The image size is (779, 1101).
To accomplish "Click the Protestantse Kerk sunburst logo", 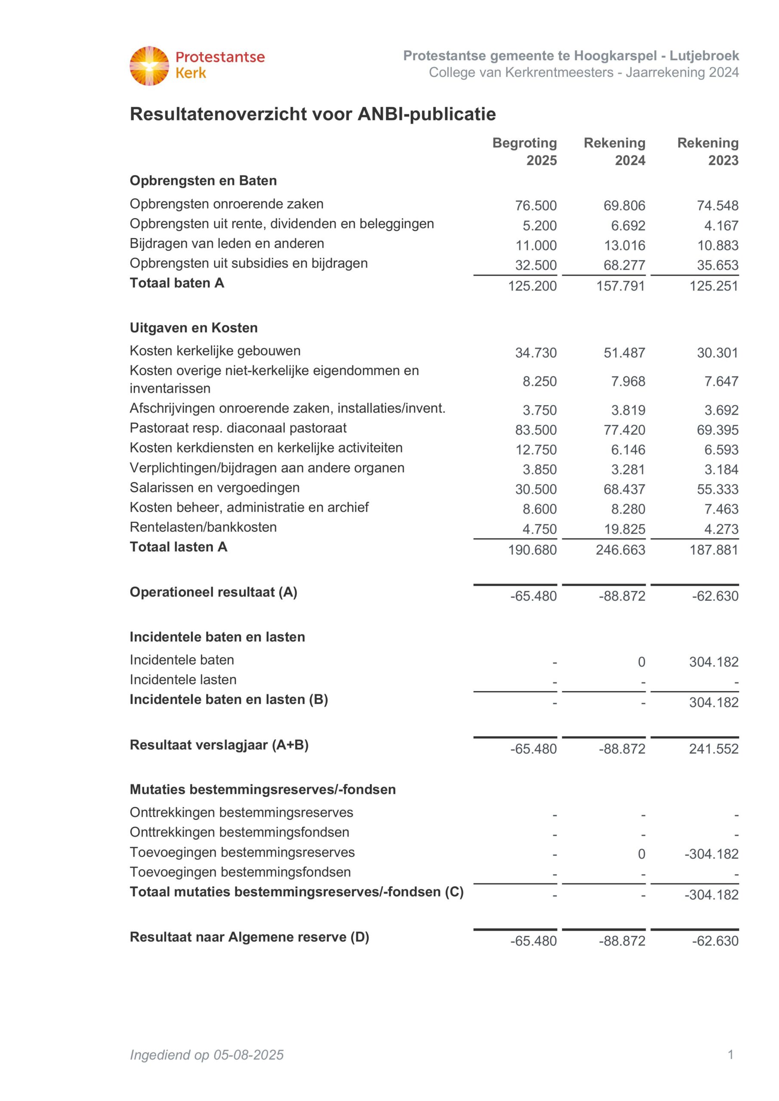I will (149, 66).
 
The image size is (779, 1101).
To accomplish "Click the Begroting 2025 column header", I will (525, 151).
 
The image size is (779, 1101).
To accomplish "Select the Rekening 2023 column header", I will (708, 151).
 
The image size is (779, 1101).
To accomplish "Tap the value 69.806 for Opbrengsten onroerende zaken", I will (624, 206).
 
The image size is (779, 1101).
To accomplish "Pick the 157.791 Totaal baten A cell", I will (621, 286).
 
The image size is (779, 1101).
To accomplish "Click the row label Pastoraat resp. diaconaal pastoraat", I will (238, 428).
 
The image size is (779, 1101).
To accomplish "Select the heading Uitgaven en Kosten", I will (194, 328).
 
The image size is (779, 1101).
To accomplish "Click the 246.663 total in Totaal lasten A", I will (620, 550).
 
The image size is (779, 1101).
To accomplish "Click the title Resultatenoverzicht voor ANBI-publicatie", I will (313, 114).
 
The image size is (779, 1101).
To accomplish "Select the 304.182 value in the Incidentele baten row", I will (713, 662).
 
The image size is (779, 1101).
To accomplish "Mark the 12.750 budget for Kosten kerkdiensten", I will (536, 450).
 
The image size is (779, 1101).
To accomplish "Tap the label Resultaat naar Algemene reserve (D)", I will (249, 937).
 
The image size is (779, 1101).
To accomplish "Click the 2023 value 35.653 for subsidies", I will (717, 265).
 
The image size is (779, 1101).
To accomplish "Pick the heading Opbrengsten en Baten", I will (203, 181).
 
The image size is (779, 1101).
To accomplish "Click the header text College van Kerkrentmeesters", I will (521, 72).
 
